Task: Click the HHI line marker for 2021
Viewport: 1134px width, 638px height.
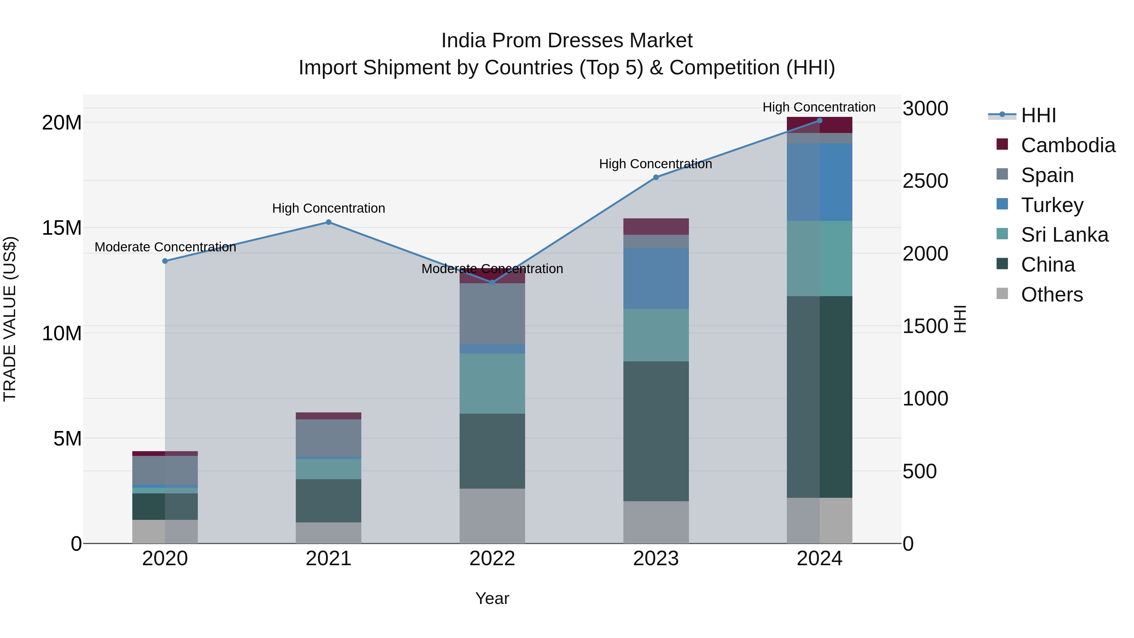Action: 329,222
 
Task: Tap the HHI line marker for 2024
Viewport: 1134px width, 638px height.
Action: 819,121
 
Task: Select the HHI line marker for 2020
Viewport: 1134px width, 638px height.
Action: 165,261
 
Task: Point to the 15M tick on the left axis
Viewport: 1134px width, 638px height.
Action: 62,228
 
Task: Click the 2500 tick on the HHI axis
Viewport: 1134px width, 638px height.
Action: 925,181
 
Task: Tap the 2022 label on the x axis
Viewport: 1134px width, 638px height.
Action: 492,559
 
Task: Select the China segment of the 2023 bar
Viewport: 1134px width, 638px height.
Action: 656,432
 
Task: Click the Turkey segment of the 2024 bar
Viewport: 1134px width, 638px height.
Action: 819,182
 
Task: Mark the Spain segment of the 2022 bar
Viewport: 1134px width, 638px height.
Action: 492,313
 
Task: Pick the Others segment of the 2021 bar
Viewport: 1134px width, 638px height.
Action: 329,533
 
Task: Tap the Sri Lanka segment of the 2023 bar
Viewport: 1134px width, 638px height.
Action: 656,335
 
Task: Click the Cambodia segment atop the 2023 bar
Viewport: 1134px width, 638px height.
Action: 656,226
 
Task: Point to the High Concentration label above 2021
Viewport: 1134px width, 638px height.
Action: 329,208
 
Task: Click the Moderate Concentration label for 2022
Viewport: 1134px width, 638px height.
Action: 492,268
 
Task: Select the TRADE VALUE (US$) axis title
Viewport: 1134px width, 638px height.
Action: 10,319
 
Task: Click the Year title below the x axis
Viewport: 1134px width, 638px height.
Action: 492,598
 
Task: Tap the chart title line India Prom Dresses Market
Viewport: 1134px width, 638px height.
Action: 567,41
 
